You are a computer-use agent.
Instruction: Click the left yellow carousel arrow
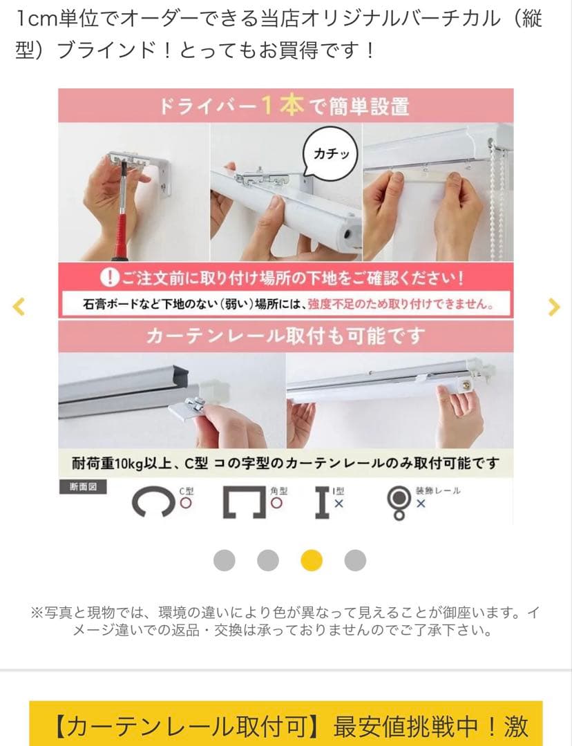click(x=19, y=306)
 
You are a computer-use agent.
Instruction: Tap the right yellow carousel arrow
click(x=553, y=306)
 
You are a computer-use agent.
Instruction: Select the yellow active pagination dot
click(x=312, y=560)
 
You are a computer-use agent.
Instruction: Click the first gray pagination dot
click(x=224, y=560)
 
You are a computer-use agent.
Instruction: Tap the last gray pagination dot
click(x=355, y=560)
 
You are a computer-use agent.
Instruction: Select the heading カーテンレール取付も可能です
click(x=285, y=337)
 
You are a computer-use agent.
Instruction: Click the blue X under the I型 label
click(x=339, y=504)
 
